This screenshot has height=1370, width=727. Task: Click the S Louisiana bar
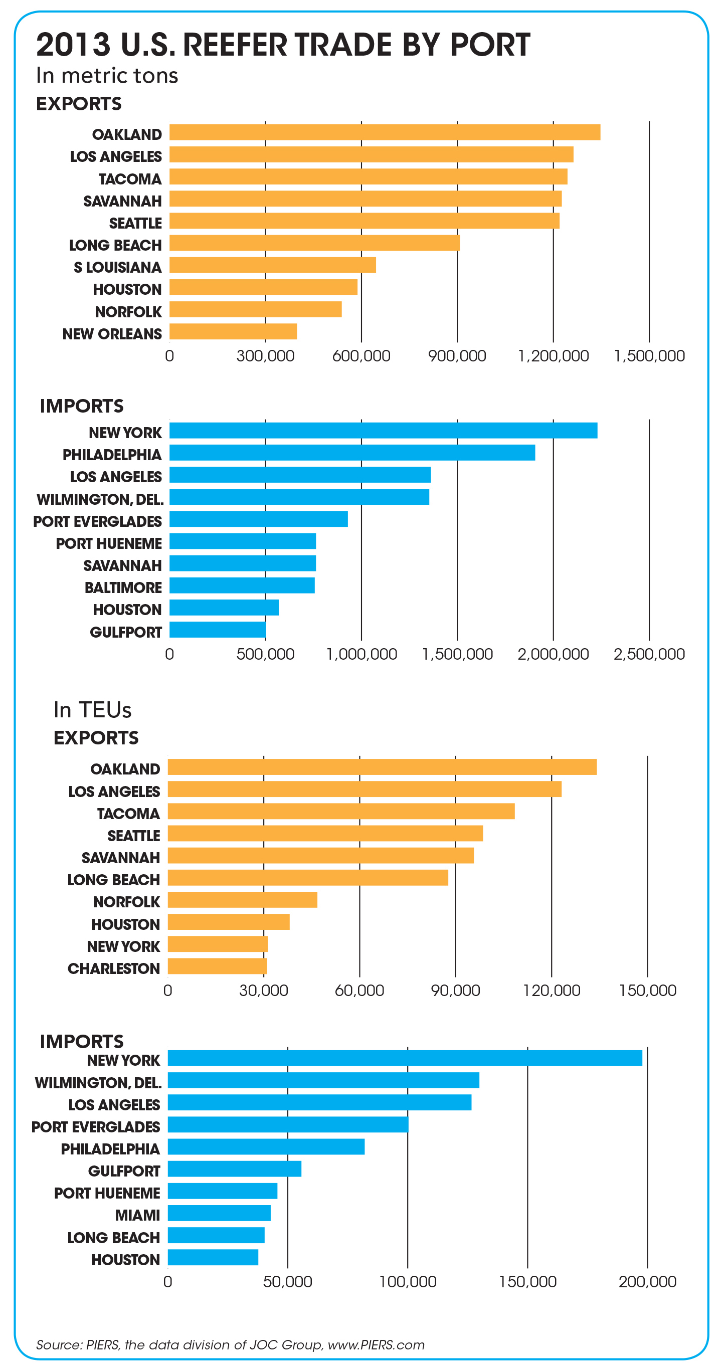tap(272, 265)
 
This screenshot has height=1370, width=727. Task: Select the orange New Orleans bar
tap(233, 331)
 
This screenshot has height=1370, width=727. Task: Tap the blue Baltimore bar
tap(242, 585)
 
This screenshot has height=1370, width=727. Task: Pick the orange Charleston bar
tap(218, 966)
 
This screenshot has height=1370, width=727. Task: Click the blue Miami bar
tap(219, 1213)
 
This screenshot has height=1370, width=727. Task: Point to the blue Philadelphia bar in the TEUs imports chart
tap(266, 1146)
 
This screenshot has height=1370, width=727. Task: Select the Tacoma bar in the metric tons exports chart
tap(369, 176)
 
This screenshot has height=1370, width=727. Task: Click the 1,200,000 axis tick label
tap(553, 356)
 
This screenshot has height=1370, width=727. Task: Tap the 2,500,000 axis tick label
tap(649, 654)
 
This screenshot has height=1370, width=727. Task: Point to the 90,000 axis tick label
tap(456, 990)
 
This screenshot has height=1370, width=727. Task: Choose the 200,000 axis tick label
tap(647, 1282)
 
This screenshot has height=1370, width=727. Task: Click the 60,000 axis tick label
tap(359, 990)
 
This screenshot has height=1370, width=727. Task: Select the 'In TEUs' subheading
tap(93, 710)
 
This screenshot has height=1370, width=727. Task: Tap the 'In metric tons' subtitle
tap(107, 76)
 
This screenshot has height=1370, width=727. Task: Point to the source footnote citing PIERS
tap(230, 1345)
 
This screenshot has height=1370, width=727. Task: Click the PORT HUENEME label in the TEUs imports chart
tap(107, 1193)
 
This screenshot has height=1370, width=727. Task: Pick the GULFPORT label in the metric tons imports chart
tap(125, 632)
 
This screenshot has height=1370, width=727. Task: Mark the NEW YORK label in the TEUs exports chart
tap(123, 946)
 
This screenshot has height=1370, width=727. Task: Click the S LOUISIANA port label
tap(117, 267)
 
